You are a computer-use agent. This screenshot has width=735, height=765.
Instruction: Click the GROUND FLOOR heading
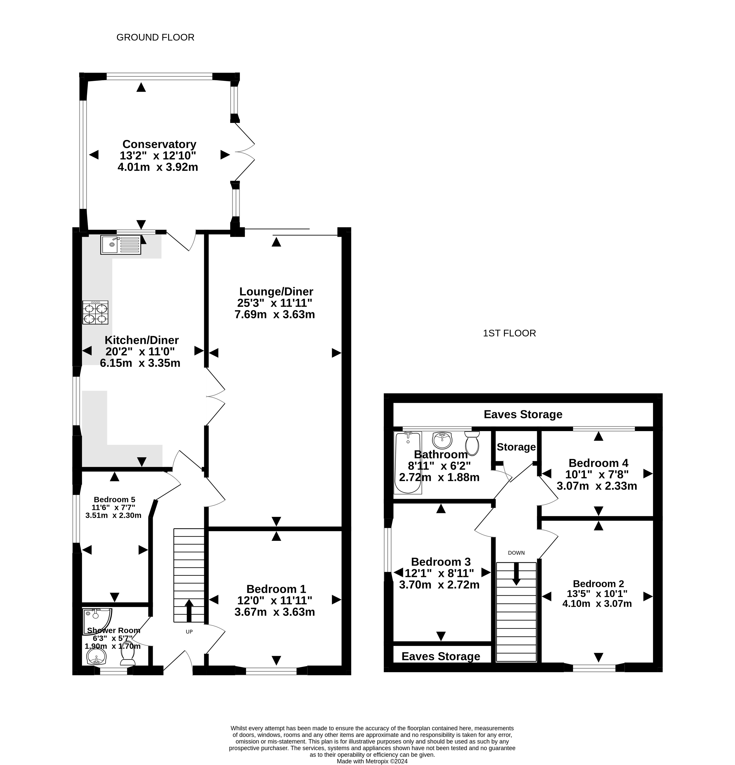(x=155, y=37)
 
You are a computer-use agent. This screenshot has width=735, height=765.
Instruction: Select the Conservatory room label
(x=159, y=145)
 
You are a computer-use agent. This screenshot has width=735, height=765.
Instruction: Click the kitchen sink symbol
(x=121, y=245)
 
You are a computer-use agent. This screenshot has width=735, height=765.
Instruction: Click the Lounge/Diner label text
(x=276, y=292)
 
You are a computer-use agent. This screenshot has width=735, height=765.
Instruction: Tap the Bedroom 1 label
(x=276, y=589)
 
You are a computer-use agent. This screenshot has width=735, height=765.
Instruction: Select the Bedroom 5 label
(x=114, y=500)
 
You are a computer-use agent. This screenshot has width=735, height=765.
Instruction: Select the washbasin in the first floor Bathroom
(x=442, y=440)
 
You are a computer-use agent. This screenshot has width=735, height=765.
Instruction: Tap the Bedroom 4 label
(x=598, y=463)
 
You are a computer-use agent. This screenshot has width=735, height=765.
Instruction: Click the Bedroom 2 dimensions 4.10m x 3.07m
(x=597, y=604)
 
